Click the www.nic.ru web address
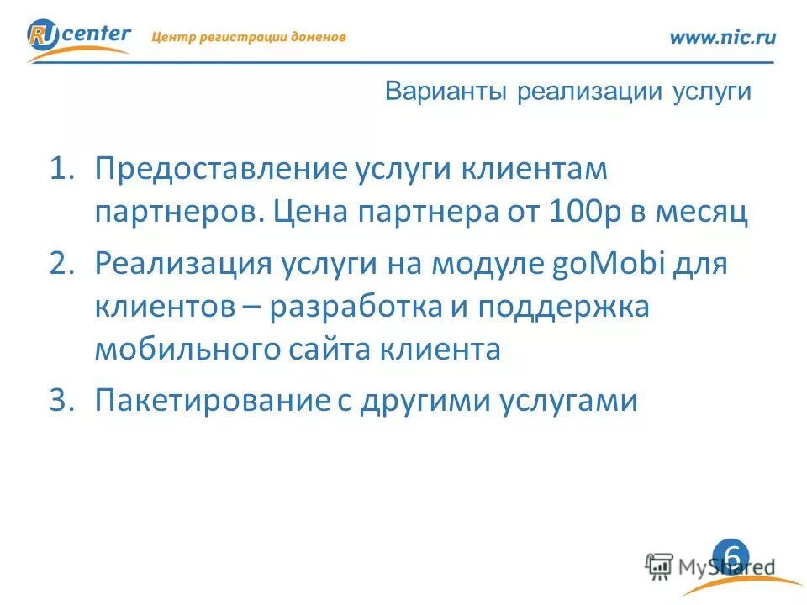[x=722, y=36]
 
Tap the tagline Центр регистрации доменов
[x=248, y=37]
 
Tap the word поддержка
[x=564, y=307]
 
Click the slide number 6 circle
[x=731, y=555]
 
